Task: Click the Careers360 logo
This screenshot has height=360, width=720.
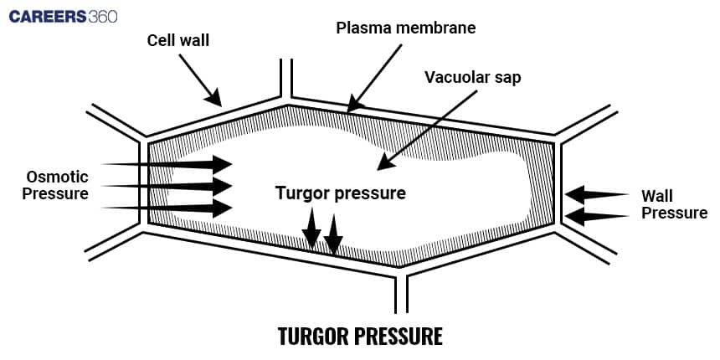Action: pyautogui.click(x=64, y=16)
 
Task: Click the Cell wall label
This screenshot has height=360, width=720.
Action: pyautogui.click(x=178, y=40)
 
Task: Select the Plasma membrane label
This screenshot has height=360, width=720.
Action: pyautogui.click(x=405, y=28)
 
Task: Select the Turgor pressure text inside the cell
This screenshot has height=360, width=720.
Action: pyautogui.click(x=341, y=193)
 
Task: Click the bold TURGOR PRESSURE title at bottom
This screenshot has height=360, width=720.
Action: pyautogui.click(x=359, y=337)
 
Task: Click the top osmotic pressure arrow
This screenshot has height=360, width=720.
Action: pyautogui.click(x=167, y=164)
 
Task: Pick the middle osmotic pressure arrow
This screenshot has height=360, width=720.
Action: pyautogui.click(x=167, y=186)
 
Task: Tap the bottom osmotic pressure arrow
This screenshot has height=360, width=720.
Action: pyautogui.click(x=167, y=207)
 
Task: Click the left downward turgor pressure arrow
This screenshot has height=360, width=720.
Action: pyautogui.click(x=311, y=228)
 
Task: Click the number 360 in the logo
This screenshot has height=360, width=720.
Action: pyautogui.click(x=102, y=16)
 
